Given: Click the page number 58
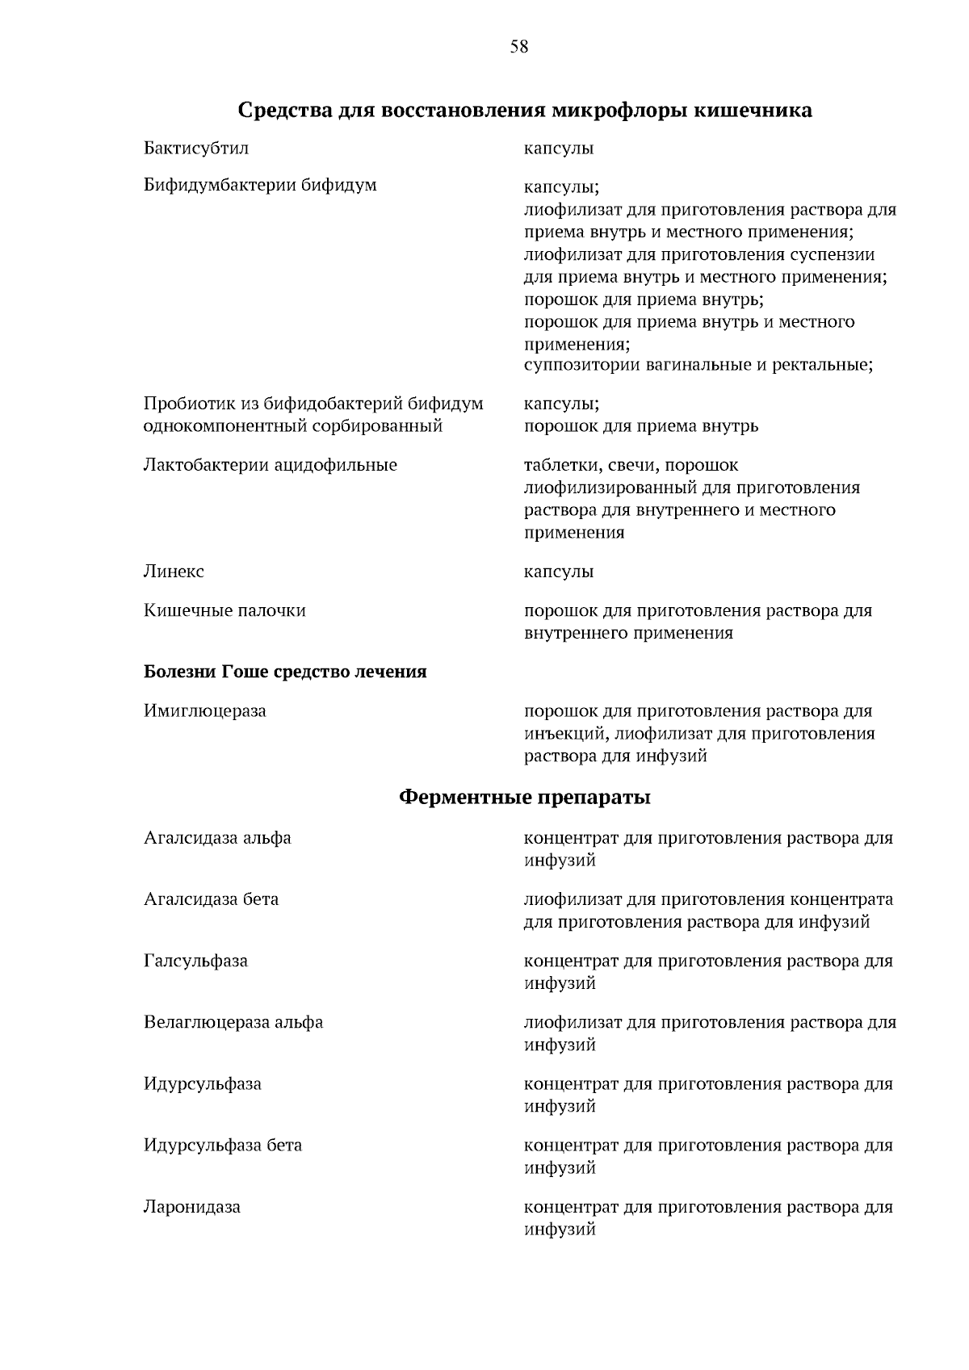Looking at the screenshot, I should pyautogui.click(x=519, y=47).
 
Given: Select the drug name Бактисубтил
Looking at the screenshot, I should pyautogui.click(x=196, y=149).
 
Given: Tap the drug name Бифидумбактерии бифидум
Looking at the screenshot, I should pyautogui.click(x=260, y=185).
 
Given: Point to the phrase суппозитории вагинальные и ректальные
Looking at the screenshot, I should pyautogui.click(x=698, y=365).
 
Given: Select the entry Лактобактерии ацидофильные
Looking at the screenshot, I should pyautogui.click(x=271, y=465).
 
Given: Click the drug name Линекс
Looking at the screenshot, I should pyautogui.click(x=174, y=572).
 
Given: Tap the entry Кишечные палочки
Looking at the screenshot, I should pyautogui.click(x=224, y=610).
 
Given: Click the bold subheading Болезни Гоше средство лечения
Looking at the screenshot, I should pyautogui.click(x=285, y=672).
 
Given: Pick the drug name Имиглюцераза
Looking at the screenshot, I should pyautogui.click(x=205, y=711).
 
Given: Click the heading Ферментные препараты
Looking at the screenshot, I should pyautogui.click(x=525, y=798).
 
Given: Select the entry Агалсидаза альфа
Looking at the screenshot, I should pyautogui.click(x=217, y=838).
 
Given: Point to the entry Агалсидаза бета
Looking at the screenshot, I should pyautogui.click(x=211, y=899).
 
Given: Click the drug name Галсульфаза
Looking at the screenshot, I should pyautogui.click(x=195, y=961).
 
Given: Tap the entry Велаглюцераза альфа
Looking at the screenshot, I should pyautogui.click(x=233, y=1022).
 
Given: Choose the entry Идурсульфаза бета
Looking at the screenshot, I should pyautogui.click(x=223, y=1145).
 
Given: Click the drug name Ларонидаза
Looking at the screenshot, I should pyautogui.click(x=192, y=1207).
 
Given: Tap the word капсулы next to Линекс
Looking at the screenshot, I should pyautogui.click(x=559, y=572).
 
